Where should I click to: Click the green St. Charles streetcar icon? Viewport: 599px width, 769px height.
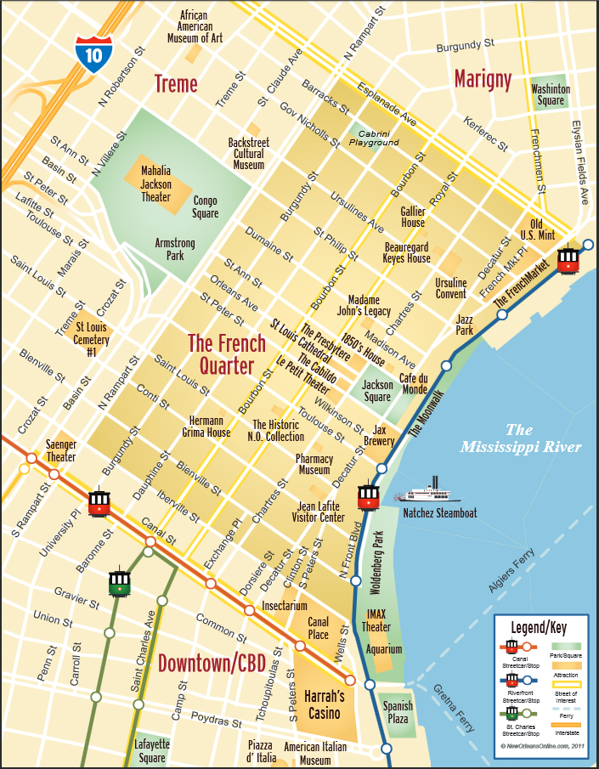coord(120,582)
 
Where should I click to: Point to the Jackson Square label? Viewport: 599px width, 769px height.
coord(377,390)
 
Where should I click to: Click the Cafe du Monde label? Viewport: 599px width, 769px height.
coord(414,383)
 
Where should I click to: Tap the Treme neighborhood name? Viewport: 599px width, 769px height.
coord(175,84)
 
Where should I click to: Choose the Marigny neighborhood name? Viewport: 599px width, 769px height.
coord(483,80)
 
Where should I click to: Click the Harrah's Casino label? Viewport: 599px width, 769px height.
coord(324,704)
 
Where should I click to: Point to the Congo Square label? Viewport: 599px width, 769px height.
coord(206,206)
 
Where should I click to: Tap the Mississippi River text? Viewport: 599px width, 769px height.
coord(521,438)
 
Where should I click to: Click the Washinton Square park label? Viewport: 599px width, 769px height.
coord(548,94)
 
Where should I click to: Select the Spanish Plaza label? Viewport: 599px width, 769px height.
coord(397,712)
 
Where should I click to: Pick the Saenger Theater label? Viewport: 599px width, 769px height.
coord(61,451)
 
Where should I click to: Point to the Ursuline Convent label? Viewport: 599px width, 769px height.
coord(450,288)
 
